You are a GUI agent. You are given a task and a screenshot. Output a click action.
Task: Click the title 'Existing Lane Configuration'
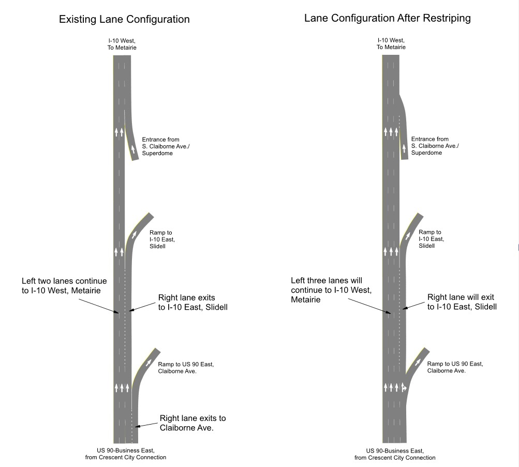click(124, 20)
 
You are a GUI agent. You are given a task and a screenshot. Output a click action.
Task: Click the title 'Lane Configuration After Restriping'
click(387, 18)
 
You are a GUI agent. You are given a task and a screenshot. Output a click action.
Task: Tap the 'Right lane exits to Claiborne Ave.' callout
click(192, 423)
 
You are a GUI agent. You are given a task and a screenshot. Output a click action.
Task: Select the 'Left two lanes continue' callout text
click(64, 286)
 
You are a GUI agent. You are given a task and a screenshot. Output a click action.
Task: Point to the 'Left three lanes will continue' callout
click(331, 290)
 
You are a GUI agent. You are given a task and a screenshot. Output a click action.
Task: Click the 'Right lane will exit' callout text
click(461, 302)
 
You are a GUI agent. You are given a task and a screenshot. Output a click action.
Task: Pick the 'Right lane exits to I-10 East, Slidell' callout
click(192, 303)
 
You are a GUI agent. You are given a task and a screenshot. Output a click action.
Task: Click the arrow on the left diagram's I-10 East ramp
click(135, 234)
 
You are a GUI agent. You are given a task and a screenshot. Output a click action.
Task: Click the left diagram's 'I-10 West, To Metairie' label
click(122, 44)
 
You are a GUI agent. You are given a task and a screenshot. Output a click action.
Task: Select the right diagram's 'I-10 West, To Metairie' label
click(391, 43)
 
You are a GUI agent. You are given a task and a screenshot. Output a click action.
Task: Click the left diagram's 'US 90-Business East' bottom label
click(126, 454)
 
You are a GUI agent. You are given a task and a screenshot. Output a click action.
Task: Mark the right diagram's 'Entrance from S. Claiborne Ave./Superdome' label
click(435, 146)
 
